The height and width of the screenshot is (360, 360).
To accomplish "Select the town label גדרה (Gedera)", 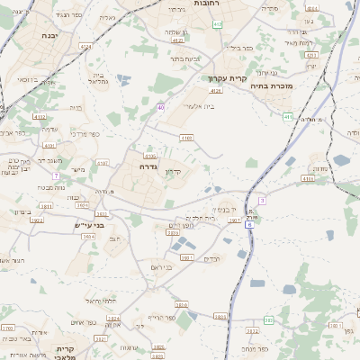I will click(x=148, y=167).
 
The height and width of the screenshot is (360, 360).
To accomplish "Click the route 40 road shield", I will click(x=160, y=107).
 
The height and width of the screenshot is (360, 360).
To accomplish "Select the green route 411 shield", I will click(x=287, y=117).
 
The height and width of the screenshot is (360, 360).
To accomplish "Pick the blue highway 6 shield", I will click(x=249, y=223).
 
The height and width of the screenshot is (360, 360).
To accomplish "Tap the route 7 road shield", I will click(x=56, y=175).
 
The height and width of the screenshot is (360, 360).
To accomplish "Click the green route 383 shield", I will click(x=268, y=320).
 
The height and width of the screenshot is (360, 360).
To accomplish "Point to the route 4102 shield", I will click(x=38, y=117).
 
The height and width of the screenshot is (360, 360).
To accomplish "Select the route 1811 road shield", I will click(x=45, y=206).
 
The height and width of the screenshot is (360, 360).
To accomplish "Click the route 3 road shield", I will click(x=261, y=200).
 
